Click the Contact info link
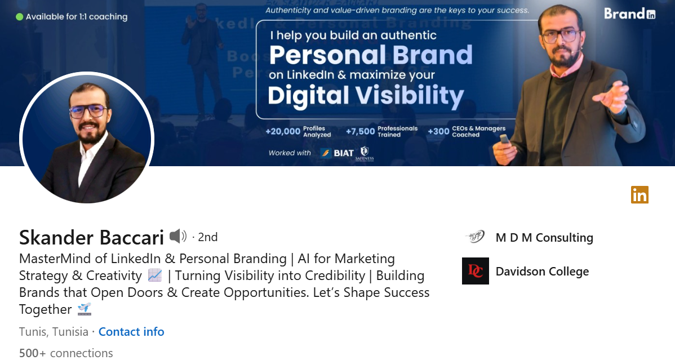coord(131,332)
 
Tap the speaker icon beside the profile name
coord(177,237)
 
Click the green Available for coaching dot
coord(19,16)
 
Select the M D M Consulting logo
coord(475,238)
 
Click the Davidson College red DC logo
coord(475,271)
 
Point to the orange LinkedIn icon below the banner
coord(640,195)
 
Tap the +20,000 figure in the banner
coord(283,131)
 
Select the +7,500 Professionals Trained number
coord(360,131)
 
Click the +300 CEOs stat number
coord(438,131)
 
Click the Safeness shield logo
coord(365,153)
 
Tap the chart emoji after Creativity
coord(154,275)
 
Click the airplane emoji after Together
coord(84,309)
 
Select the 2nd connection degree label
coord(207,237)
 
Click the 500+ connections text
coord(66,353)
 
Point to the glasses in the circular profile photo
coord(87,111)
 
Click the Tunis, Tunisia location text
coord(54,332)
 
